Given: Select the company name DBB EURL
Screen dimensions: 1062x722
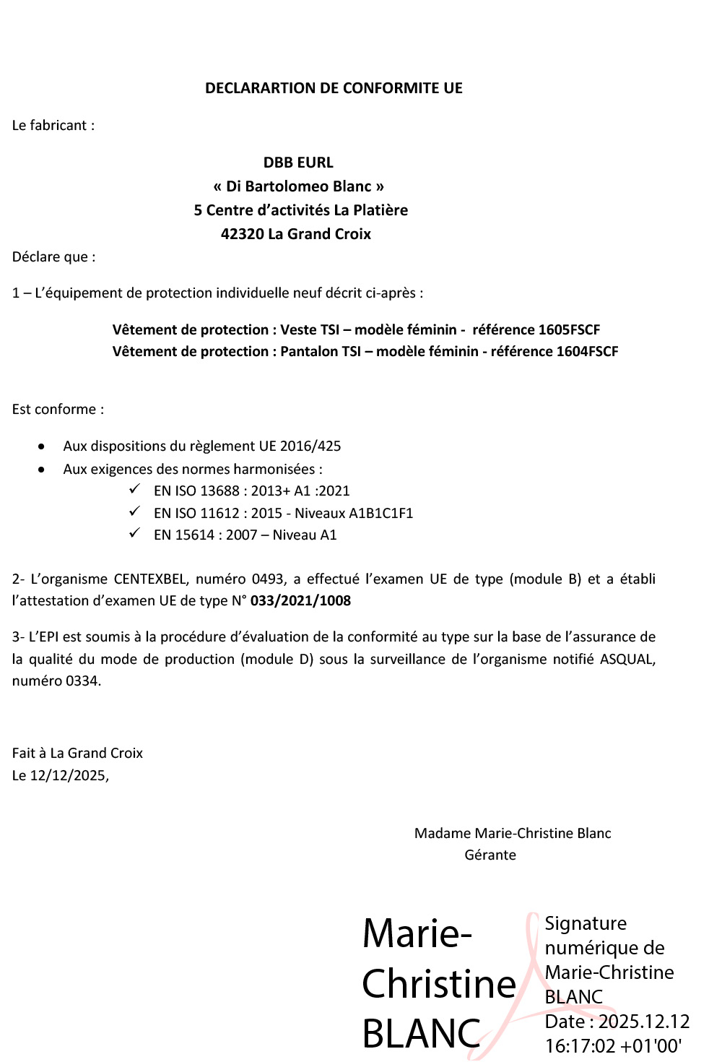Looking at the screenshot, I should coord(298,163).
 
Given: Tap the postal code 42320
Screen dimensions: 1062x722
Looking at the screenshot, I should coord(242,234).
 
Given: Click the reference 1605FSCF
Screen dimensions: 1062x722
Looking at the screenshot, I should coord(570,330).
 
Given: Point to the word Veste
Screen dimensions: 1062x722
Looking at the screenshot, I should coord(298,330).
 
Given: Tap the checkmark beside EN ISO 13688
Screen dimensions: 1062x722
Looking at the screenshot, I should coord(134,490).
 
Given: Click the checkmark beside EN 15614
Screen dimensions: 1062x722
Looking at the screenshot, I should coord(134,534).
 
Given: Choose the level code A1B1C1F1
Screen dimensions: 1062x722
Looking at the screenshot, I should coord(380,514).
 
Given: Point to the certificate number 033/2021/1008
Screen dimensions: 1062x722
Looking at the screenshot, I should coord(300,601).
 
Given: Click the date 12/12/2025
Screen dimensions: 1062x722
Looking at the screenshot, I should coord(69,776).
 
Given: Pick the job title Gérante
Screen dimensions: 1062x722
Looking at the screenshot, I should coord(490,855).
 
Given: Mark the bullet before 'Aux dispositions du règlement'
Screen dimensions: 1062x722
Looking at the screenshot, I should coord(42,446).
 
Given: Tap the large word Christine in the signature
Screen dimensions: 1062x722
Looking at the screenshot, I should coord(439,984).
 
